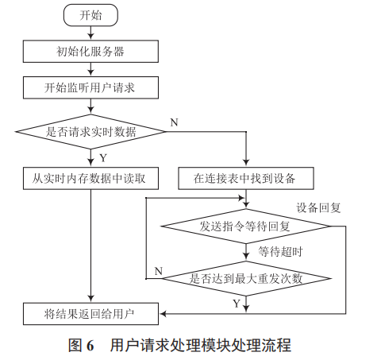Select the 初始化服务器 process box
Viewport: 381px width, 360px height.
pyautogui.click(x=90, y=52)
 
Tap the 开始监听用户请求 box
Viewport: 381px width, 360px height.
pyautogui.click(x=90, y=87)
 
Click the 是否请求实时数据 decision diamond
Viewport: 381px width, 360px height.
pyautogui.click(x=90, y=131)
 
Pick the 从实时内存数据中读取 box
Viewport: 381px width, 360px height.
pyautogui.click(x=90, y=176)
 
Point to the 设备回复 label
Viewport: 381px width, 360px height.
pyautogui.click(x=319, y=207)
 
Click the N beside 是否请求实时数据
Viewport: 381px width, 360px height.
pyautogui.click(x=174, y=122)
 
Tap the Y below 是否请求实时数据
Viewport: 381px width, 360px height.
pyautogui.click(x=102, y=157)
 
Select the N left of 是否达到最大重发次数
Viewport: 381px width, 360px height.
pyautogui.click(x=157, y=271)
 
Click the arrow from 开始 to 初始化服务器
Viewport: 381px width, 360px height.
pyautogui.click(x=90, y=33)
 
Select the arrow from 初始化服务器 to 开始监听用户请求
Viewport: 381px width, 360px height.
pyautogui.click(x=90, y=69)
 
